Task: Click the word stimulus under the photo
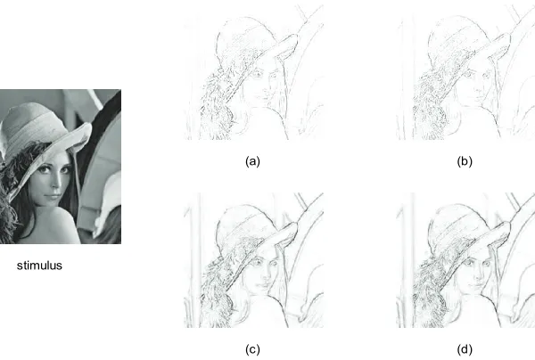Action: [x=39, y=266]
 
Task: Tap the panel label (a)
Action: [x=252, y=161]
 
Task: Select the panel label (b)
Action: [x=465, y=161]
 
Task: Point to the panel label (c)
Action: [x=252, y=349]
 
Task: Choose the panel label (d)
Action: [x=465, y=349]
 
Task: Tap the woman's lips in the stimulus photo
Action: [x=50, y=197]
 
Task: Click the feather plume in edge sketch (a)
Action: [x=215, y=102]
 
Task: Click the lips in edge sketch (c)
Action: [x=262, y=284]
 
